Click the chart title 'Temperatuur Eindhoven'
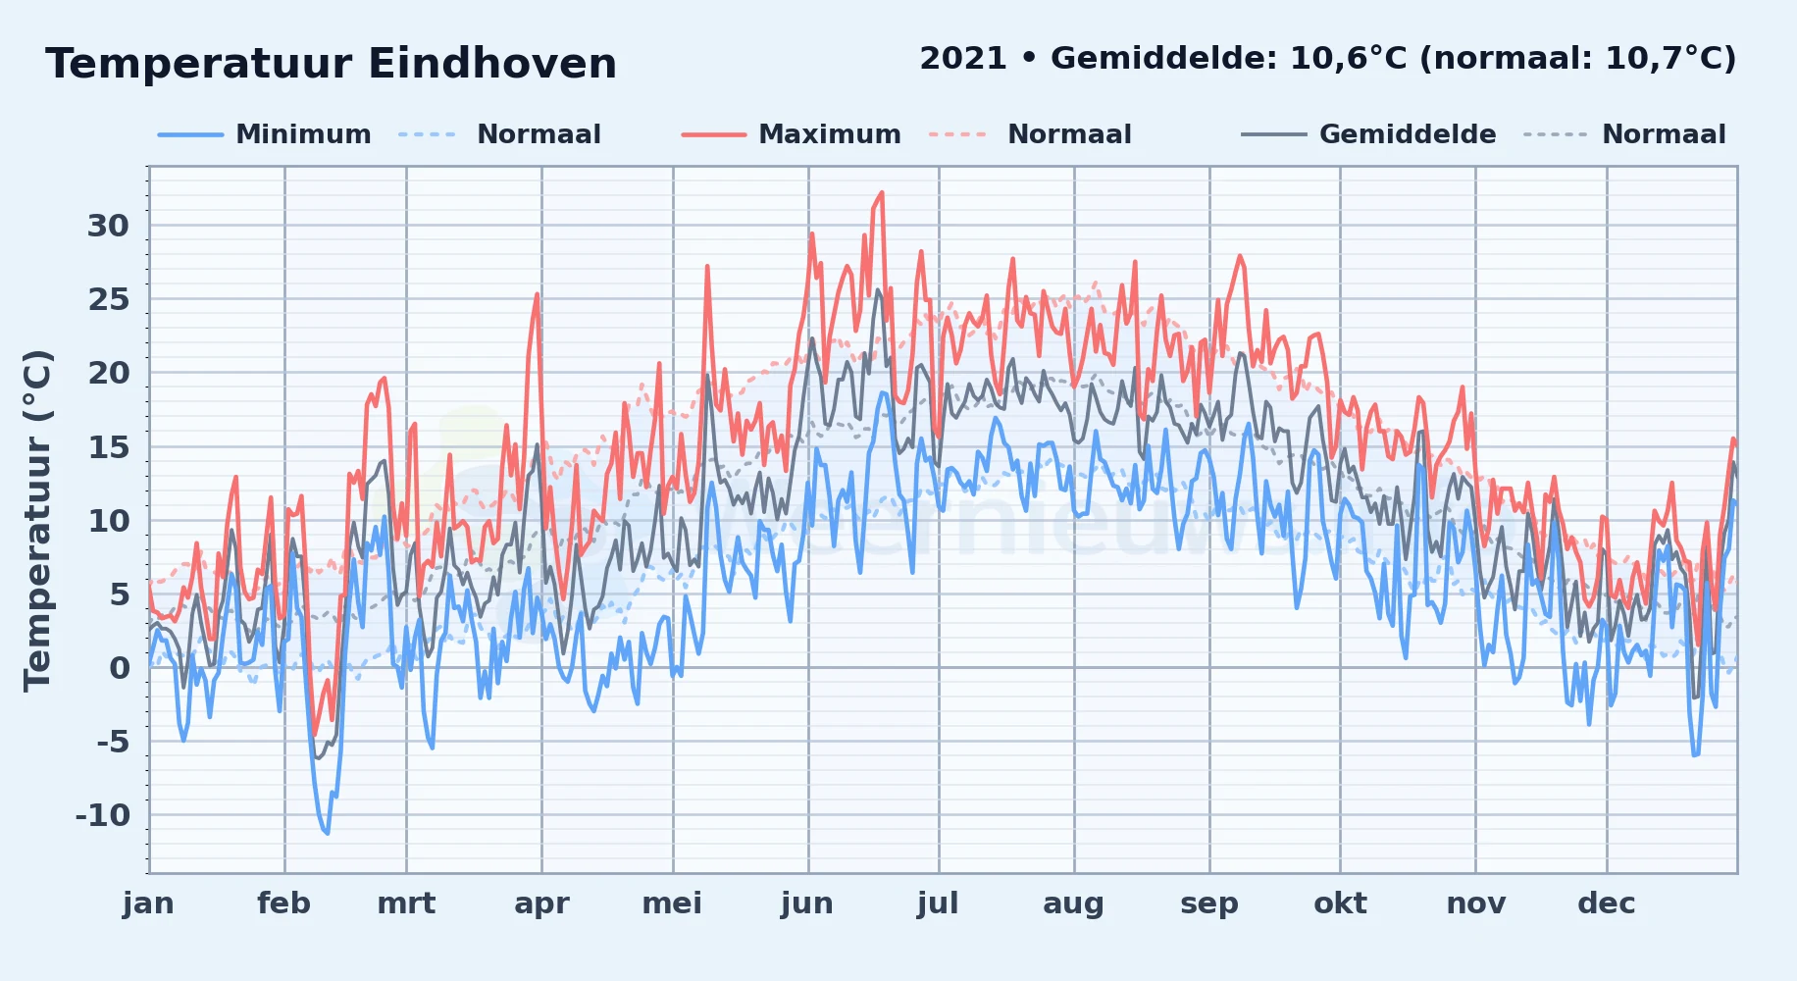[x=331, y=64]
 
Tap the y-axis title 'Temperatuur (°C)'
[x=37, y=520]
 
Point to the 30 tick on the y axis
[x=108, y=226]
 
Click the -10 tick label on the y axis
[x=102, y=814]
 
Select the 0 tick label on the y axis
[x=120, y=667]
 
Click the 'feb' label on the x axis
[x=283, y=903]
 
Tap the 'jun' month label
[x=807, y=903]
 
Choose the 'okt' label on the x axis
[x=1340, y=903]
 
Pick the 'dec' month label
[x=1606, y=903]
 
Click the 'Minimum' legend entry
[x=303, y=134]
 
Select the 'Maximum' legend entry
[x=830, y=134]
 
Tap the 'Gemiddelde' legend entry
[x=1408, y=134]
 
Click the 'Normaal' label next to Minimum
[x=539, y=134]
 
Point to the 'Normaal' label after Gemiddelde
[x=1664, y=134]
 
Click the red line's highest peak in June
[x=882, y=192]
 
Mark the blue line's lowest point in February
[x=328, y=833]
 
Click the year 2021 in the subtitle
[x=963, y=58]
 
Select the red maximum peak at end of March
[x=538, y=293]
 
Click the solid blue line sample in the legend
[x=190, y=134]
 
